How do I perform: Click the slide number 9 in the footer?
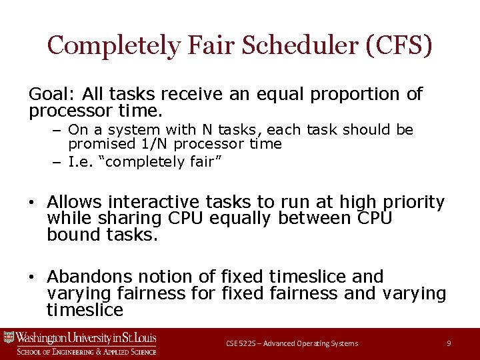click(x=449, y=343)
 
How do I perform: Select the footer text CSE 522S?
click(x=241, y=343)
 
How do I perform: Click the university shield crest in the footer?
click(x=9, y=337)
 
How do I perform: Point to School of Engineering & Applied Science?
click(x=87, y=351)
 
